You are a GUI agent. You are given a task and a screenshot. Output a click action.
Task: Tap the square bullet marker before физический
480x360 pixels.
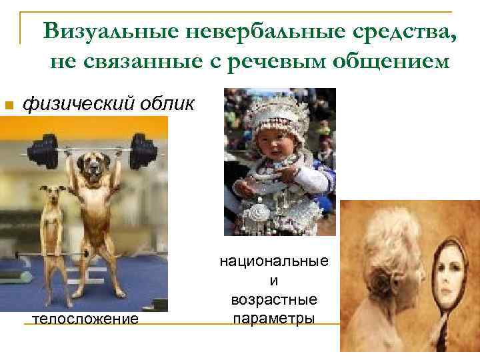pyautogui.click(x=8, y=105)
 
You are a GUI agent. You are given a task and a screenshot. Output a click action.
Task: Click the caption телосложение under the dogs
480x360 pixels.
pyautogui.click(x=85, y=319)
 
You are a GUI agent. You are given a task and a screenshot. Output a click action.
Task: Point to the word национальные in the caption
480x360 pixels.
pyautogui.click(x=274, y=261)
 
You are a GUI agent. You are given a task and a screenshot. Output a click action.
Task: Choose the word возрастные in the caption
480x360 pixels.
pyautogui.click(x=274, y=298)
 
